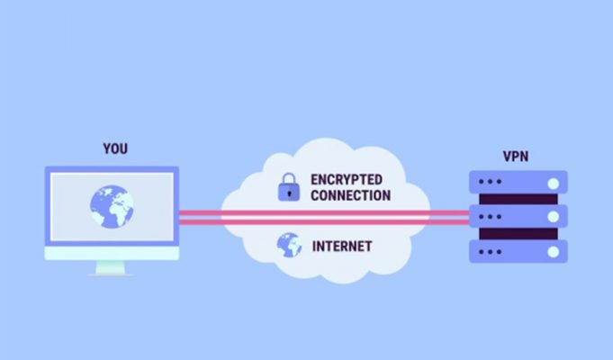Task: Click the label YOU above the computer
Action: pyautogui.click(x=115, y=148)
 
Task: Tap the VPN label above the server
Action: pyautogui.click(x=516, y=157)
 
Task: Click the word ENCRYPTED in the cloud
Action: pyautogui.click(x=347, y=180)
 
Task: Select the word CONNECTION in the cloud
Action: pyautogui.click(x=351, y=195)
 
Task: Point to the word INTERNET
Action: pyautogui.click(x=342, y=247)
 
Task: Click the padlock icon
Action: pyautogui.click(x=289, y=187)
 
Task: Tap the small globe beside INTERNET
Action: pyautogui.click(x=289, y=245)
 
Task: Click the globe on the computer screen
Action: pyautogui.click(x=112, y=207)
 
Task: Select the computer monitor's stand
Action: pyautogui.click(x=111, y=268)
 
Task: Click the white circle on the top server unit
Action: pyautogui.click(x=554, y=184)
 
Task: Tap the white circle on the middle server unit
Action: pyautogui.click(x=554, y=217)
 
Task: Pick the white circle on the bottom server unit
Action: pyautogui.click(x=554, y=252)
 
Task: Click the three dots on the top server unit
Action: pyautogui.click(x=490, y=182)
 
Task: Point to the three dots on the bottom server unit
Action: pyautogui.click(x=490, y=252)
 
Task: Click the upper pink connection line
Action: pyautogui.click(x=324, y=213)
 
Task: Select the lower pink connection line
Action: pyautogui.click(x=324, y=222)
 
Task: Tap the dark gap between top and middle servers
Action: pyautogui.click(x=518, y=199)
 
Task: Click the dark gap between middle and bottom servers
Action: pyautogui.click(x=518, y=234)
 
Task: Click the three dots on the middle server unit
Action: pyautogui.click(x=490, y=217)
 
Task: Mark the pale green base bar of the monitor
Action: pyautogui.click(x=112, y=253)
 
